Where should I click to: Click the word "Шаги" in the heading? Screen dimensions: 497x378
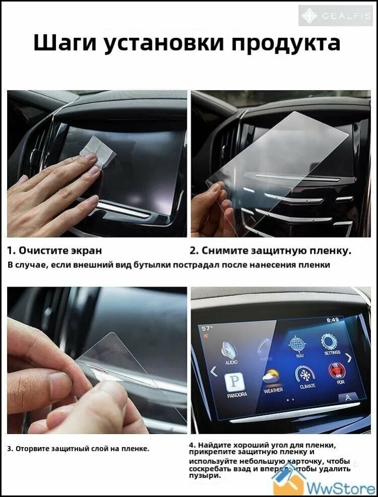tap(65, 43)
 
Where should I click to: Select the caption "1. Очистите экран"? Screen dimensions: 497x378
tap(54, 250)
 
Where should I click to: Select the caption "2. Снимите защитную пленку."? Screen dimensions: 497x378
tap(270, 250)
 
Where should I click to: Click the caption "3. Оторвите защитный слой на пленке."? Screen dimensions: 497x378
tap(78, 448)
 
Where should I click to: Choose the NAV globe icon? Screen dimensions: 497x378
tap(296, 344)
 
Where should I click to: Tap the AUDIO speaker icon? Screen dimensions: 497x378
tap(231, 350)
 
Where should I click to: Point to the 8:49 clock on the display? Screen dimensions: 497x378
tap(332, 319)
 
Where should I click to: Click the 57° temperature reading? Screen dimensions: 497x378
tap(207, 328)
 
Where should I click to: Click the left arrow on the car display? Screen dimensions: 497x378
tap(213, 372)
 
